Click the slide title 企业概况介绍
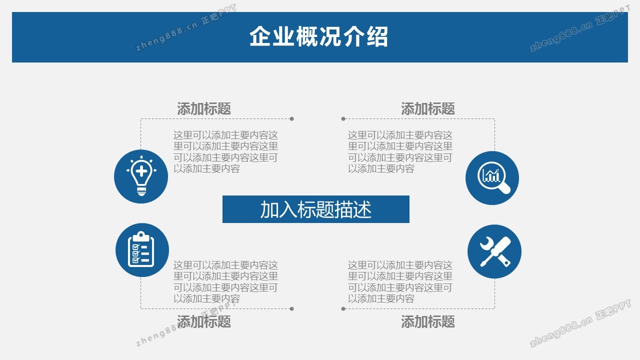click(x=318, y=37)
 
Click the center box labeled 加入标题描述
click(x=315, y=209)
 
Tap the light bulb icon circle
click(x=141, y=176)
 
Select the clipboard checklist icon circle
click(x=142, y=250)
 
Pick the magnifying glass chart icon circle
click(x=492, y=178)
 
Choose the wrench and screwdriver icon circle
click(x=494, y=251)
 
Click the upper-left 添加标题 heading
click(x=204, y=108)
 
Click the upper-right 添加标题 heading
click(x=427, y=108)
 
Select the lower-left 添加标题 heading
click(x=204, y=321)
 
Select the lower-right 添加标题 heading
click(x=427, y=321)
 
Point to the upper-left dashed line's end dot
click(x=291, y=119)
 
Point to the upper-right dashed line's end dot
click(x=343, y=119)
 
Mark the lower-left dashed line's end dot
click(x=291, y=309)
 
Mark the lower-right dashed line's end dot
click(x=343, y=309)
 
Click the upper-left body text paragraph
click(x=225, y=151)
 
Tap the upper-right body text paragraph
click(x=400, y=151)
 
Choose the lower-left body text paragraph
click(x=225, y=281)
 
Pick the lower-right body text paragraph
click(x=400, y=281)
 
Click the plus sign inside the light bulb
click(x=141, y=171)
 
